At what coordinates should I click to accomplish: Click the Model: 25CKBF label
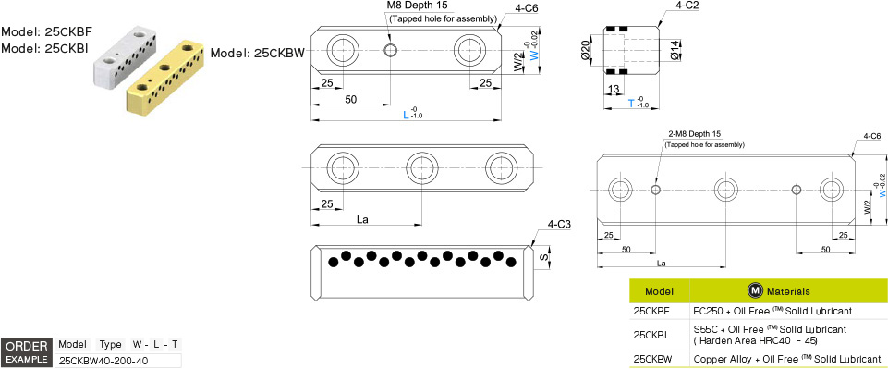[x=45, y=31]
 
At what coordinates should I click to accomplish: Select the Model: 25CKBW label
[x=257, y=53]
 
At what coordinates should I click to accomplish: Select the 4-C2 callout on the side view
[x=687, y=6]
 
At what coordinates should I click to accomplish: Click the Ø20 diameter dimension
[x=586, y=49]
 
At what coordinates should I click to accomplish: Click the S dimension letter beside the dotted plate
[x=543, y=257]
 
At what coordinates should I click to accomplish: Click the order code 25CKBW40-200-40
[x=103, y=360]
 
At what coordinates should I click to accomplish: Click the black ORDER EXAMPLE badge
[x=26, y=351]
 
